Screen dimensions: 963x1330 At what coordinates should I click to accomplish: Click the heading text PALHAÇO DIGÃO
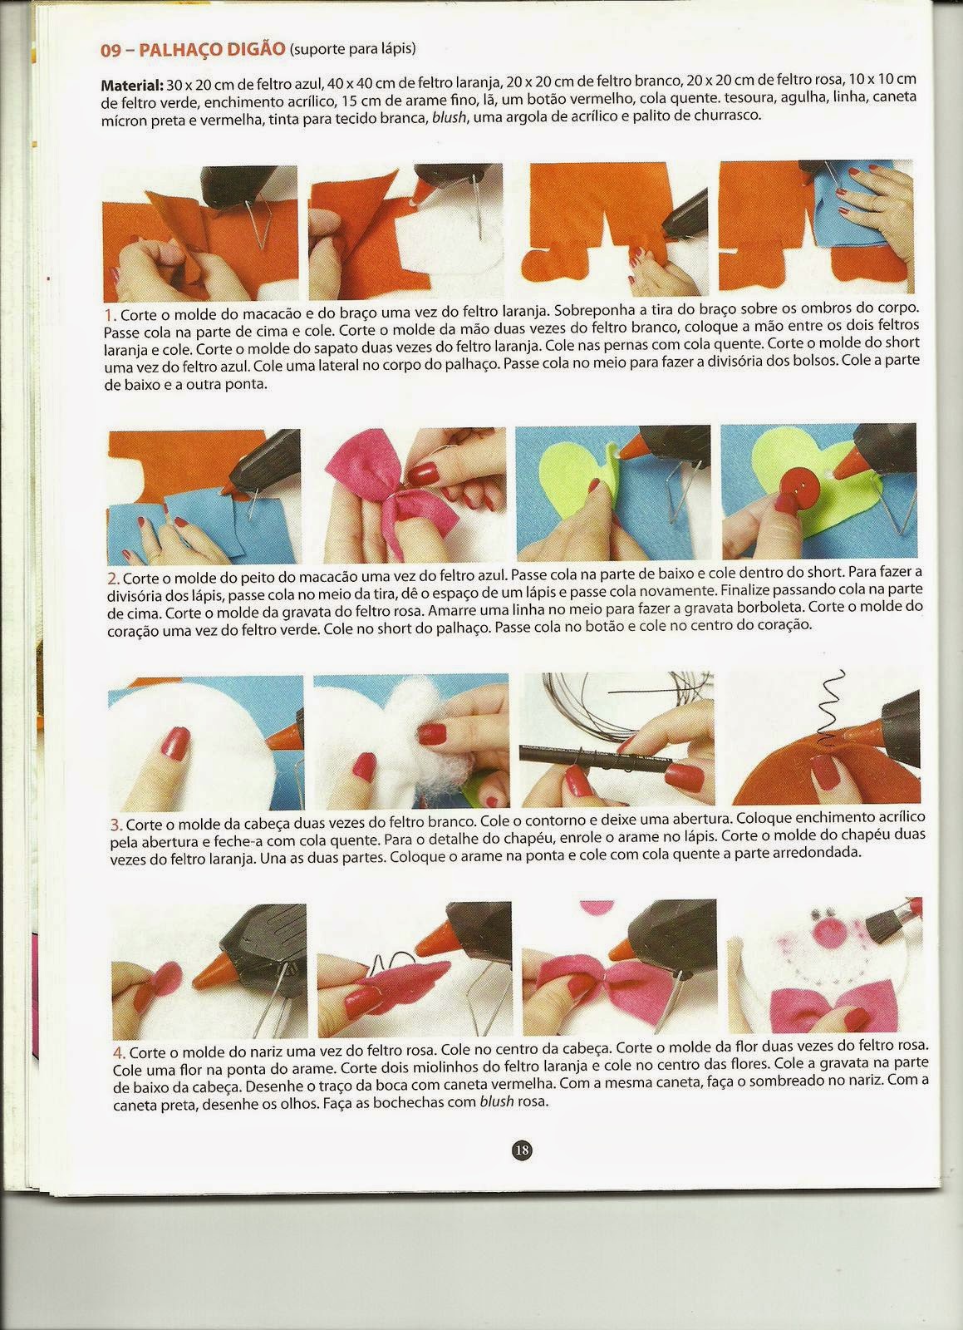tap(212, 49)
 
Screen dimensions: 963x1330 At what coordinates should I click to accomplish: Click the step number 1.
tap(109, 313)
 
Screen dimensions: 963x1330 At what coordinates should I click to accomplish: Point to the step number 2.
tap(114, 579)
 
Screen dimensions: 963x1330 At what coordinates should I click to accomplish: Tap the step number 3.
tap(116, 825)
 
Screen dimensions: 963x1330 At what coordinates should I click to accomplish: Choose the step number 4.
tap(120, 1052)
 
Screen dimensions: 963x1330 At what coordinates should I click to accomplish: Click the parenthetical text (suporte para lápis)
tap(352, 49)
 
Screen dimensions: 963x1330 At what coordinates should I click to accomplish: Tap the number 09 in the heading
tap(111, 51)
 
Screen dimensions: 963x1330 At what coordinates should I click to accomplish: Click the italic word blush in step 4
tap(497, 1102)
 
